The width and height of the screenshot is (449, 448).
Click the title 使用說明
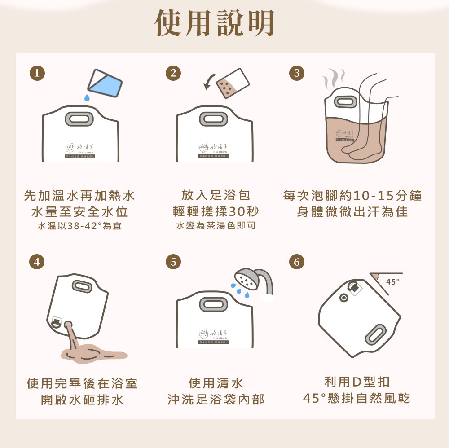[x=215, y=23]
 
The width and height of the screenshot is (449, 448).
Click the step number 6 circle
[x=296, y=262]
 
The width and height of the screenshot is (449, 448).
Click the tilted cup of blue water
[x=105, y=82]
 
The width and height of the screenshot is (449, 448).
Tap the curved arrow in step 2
[x=210, y=81]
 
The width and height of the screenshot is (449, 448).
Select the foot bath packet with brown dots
[x=232, y=84]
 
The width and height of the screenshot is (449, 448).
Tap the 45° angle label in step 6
[x=392, y=281]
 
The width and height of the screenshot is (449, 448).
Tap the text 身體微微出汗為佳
[x=352, y=211]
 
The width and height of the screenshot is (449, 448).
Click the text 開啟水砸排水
[x=82, y=399]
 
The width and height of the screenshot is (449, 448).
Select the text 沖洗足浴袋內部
[x=216, y=399]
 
